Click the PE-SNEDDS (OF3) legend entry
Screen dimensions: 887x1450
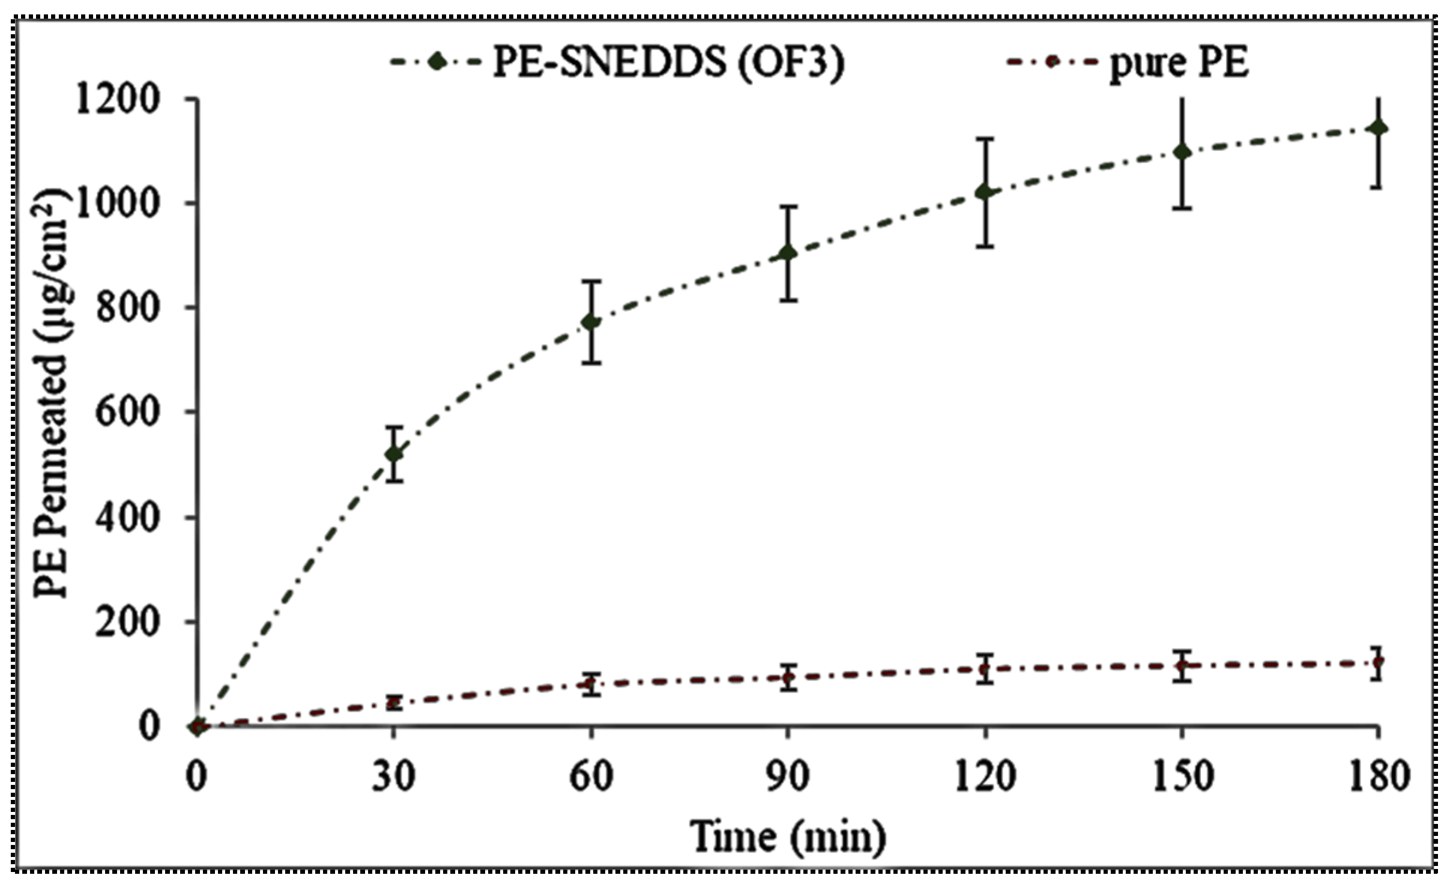(618, 62)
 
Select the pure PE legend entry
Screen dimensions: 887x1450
(1129, 62)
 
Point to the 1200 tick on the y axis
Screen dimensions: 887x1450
(117, 99)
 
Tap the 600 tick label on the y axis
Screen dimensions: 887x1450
(128, 413)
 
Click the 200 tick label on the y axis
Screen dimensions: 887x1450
(128, 622)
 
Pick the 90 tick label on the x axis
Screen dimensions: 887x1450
(788, 776)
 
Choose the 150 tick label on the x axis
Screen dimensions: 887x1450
(1182, 776)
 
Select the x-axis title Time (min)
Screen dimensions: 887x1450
(788, 836)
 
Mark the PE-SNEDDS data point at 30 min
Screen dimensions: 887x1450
(394, 454)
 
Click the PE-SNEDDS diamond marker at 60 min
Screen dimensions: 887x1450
(591, 322)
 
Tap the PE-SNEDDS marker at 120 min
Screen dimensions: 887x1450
(985, 192)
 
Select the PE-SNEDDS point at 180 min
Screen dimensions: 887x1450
(1379, 128)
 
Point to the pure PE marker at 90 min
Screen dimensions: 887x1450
(788, 678)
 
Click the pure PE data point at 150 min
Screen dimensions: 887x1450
(1182, 666)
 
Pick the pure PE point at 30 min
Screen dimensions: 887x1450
(394, 702)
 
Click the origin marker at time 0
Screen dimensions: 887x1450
(198, 727)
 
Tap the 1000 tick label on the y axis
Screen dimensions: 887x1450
(117, 204)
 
